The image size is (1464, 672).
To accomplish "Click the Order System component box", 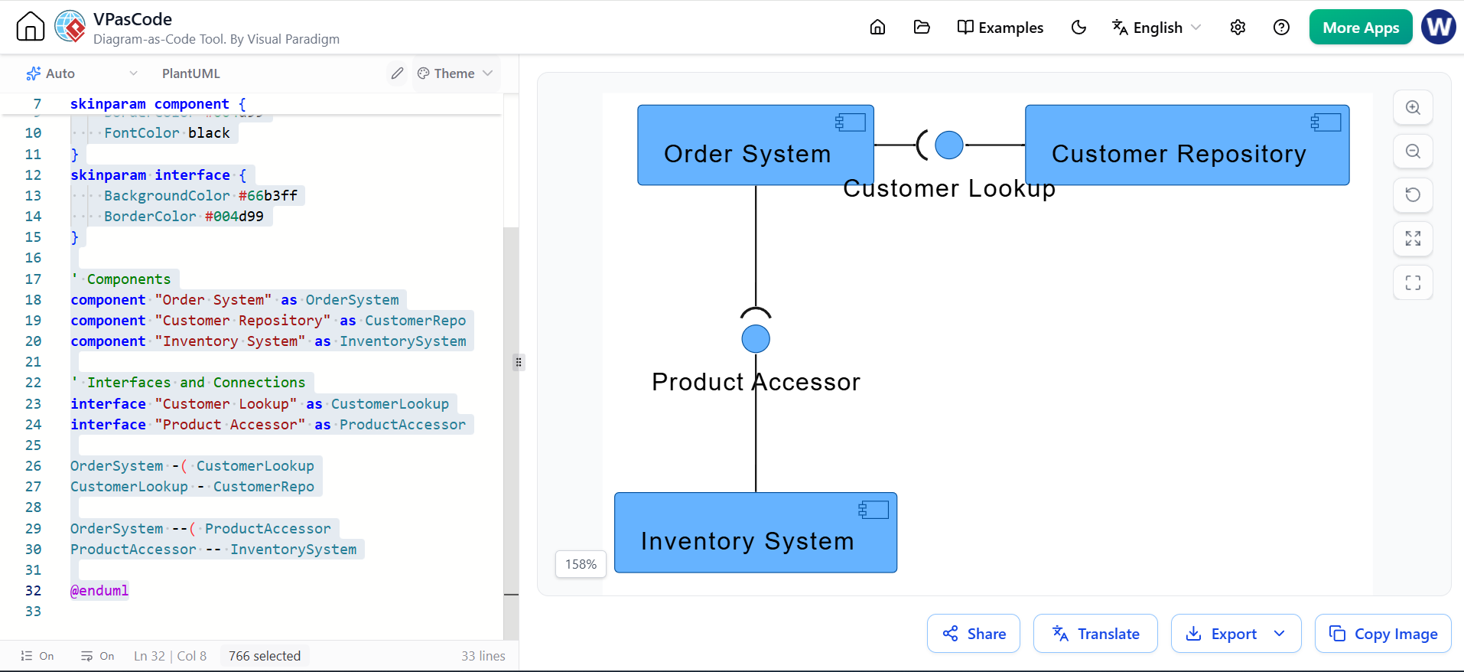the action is pos(756,145).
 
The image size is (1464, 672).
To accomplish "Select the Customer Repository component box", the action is pos(1187,145).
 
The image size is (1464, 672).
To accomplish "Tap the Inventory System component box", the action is pos(756,533).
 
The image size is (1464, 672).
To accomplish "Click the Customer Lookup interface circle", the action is pos(949,145).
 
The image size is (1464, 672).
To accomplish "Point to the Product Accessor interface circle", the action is pos(756,338).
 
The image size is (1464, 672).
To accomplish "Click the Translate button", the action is pos(1095,634).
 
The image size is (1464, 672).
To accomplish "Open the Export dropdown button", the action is pos(1236,634).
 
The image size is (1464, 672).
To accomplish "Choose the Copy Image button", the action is pos(1383,634).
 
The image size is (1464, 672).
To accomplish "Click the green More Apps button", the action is pos(1361,28).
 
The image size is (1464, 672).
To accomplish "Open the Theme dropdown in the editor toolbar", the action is pos(455,73).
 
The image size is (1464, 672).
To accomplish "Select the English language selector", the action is pos(1157,28).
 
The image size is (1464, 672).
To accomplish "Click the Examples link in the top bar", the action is pos(1000,28).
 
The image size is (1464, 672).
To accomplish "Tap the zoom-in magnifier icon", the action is pos(1413,108).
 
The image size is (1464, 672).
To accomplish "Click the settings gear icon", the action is pos(1238,28).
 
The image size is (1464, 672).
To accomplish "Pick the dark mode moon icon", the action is pos(1078,28).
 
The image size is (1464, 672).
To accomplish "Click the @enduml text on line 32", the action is pos(99,591).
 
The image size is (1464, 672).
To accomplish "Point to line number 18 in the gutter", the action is pos(33,300).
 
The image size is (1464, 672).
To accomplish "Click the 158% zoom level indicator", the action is pos(581,564).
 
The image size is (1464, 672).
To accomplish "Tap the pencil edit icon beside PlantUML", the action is pos(397,73).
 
